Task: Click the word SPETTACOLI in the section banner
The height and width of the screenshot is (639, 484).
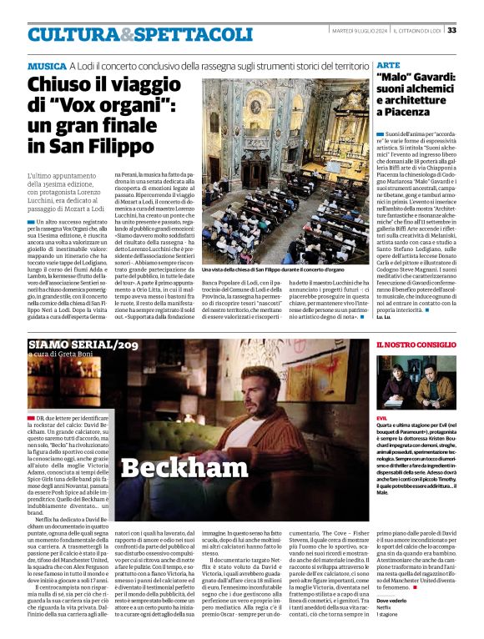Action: pyautogui.click(x=174, y=34)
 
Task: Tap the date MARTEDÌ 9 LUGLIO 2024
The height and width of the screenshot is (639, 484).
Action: pyautogui.click(x=355, y=30)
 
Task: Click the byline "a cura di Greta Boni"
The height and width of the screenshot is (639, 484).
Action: pyautogui.click(x=61, y=358)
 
